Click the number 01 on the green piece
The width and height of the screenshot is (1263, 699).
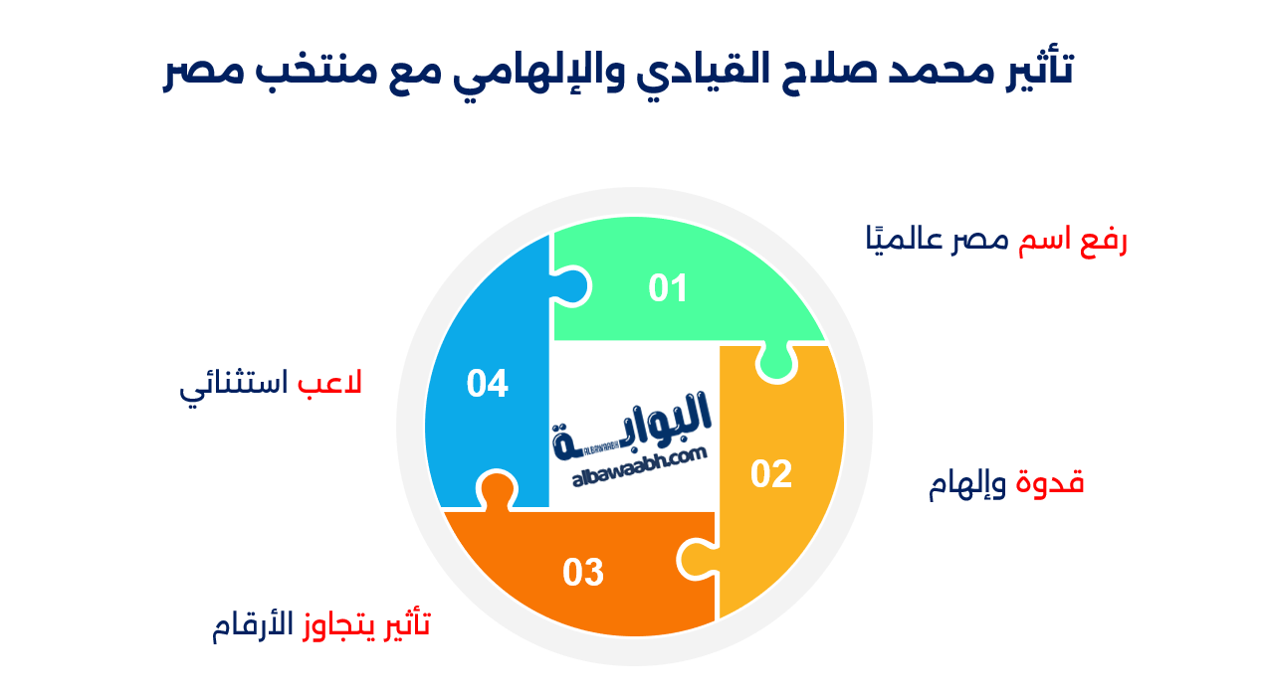(x=668, y=288)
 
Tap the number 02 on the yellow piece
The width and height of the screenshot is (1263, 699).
(x=771, y=474)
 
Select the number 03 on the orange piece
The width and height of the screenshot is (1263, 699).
(x=583, y=573)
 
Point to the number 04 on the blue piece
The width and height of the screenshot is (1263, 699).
(x=488, y=383)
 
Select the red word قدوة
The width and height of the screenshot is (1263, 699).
(x=1049, y=483)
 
